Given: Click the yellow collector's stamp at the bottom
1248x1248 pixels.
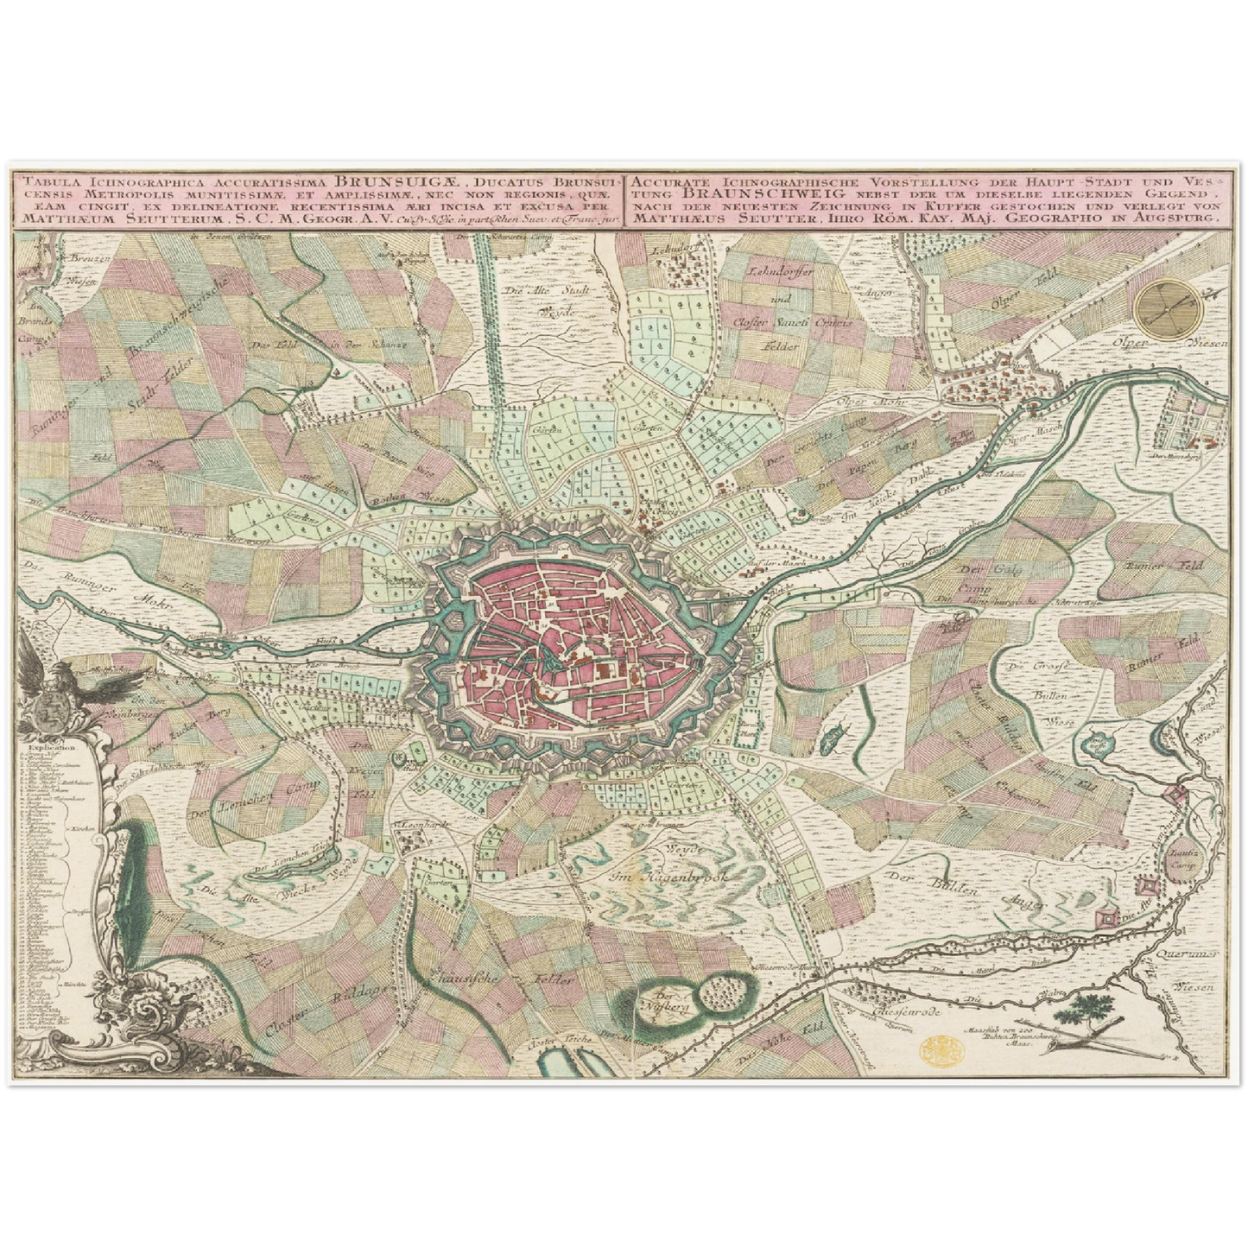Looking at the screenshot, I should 940,1051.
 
